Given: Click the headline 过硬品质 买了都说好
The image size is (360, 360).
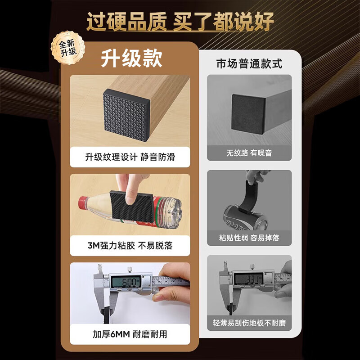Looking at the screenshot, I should pos(180,22).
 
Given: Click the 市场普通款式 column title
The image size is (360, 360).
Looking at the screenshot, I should pos(249,64).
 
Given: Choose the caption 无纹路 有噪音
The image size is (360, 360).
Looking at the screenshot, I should pos(249,153).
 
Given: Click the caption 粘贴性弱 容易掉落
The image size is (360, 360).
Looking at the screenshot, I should pos(249,238).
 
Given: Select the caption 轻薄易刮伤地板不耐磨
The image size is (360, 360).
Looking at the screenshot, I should pos(249,323).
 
